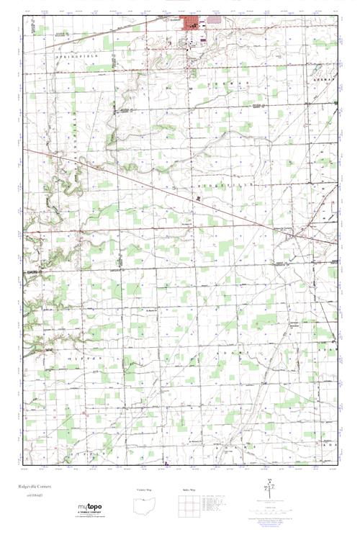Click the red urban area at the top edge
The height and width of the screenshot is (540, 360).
point(192,25)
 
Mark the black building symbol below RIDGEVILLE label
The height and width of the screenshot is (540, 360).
point(199,197)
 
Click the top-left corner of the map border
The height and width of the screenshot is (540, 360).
point(24,16)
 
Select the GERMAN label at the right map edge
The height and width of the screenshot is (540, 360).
point(325,76)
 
